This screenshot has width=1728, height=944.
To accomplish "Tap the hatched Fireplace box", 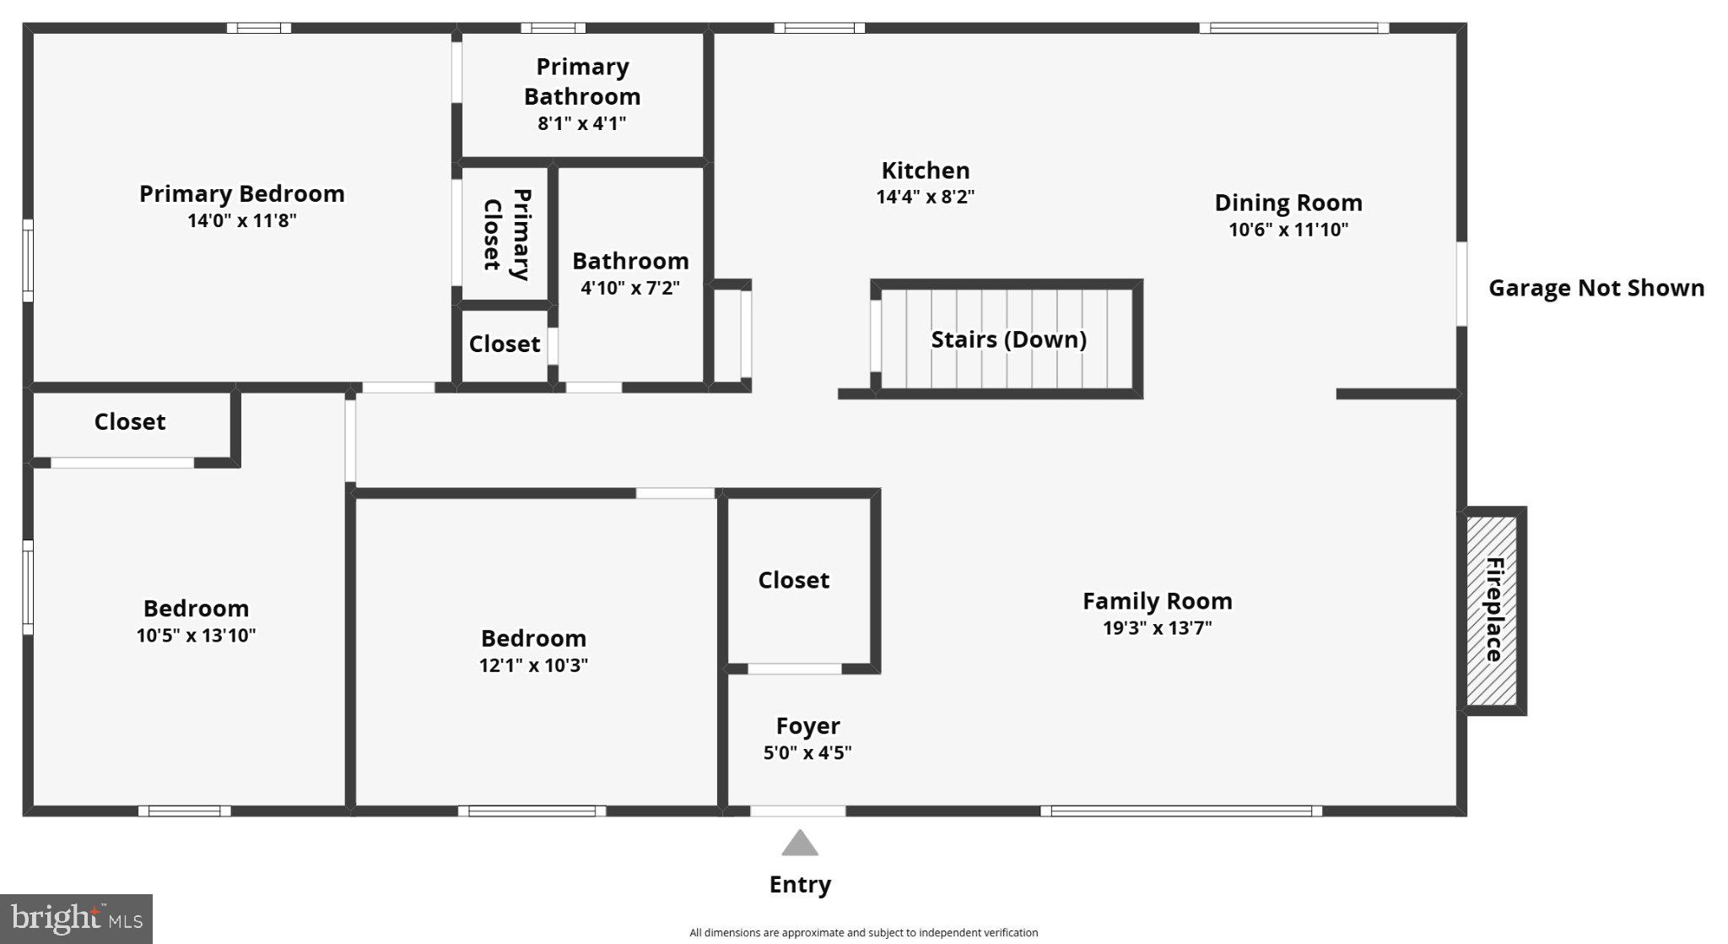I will (x=1492, y=610).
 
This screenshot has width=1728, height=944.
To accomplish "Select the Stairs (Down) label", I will (x=1008, y=339).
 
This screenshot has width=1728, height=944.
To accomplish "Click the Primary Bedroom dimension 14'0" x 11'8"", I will (x=242, y=221).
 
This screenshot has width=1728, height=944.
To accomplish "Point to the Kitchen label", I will (x=926, y=171).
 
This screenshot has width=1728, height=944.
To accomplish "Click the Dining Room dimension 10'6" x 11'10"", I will (x=1288, y=230).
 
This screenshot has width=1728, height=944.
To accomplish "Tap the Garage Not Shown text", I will (x=1596, y=288).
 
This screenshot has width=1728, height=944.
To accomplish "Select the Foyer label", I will (x=807, y=726).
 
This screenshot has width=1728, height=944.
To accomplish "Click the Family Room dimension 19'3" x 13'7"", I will (x=1157, y=628).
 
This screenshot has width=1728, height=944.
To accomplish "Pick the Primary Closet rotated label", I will (x=506, y=235).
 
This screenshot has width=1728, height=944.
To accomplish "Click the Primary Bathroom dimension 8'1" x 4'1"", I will (x=582, y=124).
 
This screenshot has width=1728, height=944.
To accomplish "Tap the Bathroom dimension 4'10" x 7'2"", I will (x=630, y=288).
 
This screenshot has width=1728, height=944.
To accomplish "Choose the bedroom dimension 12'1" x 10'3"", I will (x=533, y=665).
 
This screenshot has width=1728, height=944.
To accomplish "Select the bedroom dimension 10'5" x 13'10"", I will (x=196, y=636).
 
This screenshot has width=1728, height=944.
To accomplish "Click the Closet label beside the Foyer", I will (x=793, y=580).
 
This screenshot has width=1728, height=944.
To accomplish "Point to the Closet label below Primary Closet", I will (x=505, y=344).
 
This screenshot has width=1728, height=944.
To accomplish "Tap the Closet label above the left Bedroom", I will (x=130, y=421).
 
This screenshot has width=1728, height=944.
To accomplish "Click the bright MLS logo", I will (x=76, y=919).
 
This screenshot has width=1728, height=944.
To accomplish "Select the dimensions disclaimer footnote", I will (x=863, y=933).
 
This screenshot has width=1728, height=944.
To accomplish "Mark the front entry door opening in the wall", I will (x=797, y=811).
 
